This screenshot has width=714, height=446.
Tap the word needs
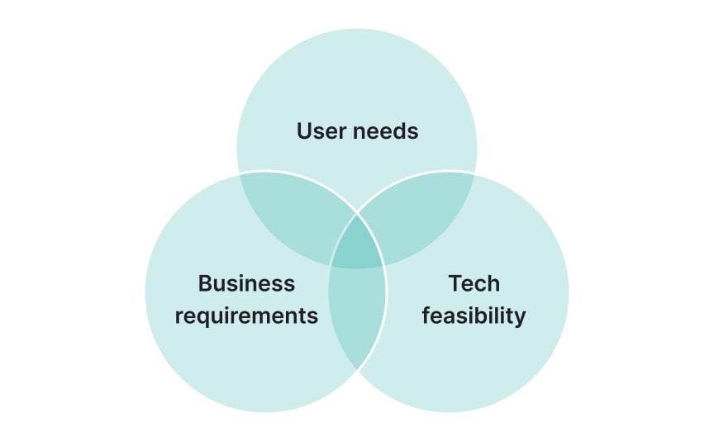[x=384, y=130]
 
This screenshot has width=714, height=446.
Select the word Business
[x=246, y=283]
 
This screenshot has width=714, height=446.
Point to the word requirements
[x=246, y=316]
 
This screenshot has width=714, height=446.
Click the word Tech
[x=474, y=283]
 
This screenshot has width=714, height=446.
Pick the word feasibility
[x=474, y=316]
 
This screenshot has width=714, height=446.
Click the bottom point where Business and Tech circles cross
[x=357, y=369]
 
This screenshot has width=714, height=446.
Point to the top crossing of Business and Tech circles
[x=357, y=213]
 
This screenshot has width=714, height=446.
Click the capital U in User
[x=304, y=130]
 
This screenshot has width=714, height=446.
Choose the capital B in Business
[x=205, y=283]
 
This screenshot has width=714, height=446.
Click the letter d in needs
[x=399, y=130]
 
